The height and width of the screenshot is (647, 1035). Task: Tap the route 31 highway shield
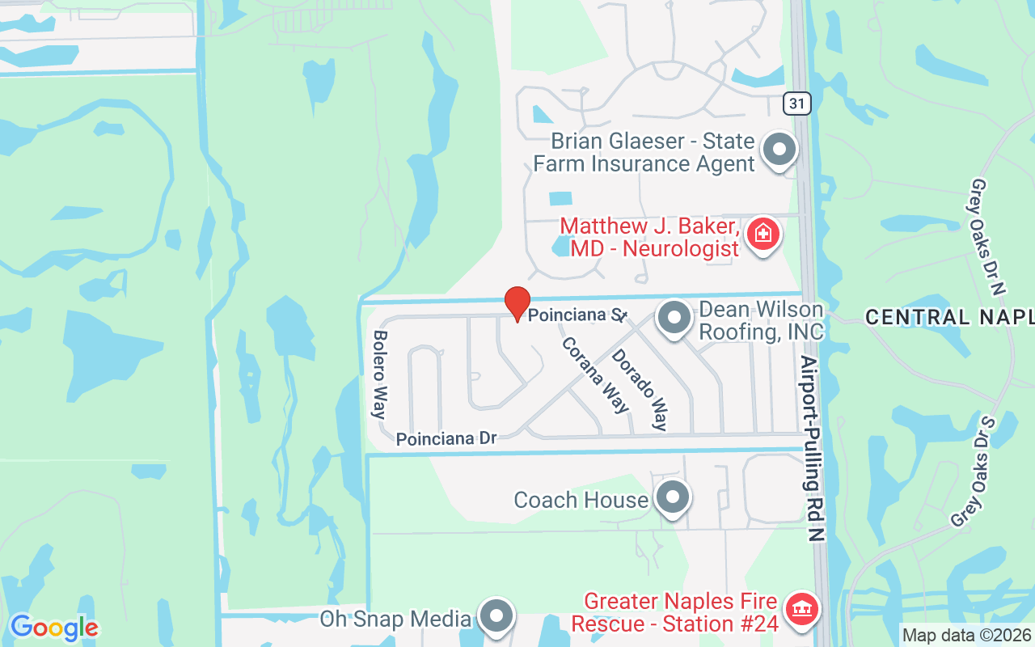(x=796, y=103)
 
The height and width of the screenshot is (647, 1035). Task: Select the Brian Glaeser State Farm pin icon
(x=779, y=150)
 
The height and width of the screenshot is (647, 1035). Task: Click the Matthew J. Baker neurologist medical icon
(x=762, y=235)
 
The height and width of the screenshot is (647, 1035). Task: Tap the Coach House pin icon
(x=672, y=498)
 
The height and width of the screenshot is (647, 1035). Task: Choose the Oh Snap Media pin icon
(x=496, y=617)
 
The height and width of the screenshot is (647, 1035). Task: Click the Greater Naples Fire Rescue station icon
(x=801, y=611)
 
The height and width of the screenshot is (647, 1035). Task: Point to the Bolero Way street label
(x=379, y=374)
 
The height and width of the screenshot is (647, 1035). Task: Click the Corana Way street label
(x=595, y=374)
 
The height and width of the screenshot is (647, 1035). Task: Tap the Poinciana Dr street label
(x=446, y=438)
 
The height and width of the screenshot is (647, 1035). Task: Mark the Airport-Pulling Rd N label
(x=813, y=447)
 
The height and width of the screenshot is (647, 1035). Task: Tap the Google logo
(x=54, y=628)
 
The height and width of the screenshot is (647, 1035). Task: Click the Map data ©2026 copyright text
(x=967, y=636)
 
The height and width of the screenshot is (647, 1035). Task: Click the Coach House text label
(x=581, y=500)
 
